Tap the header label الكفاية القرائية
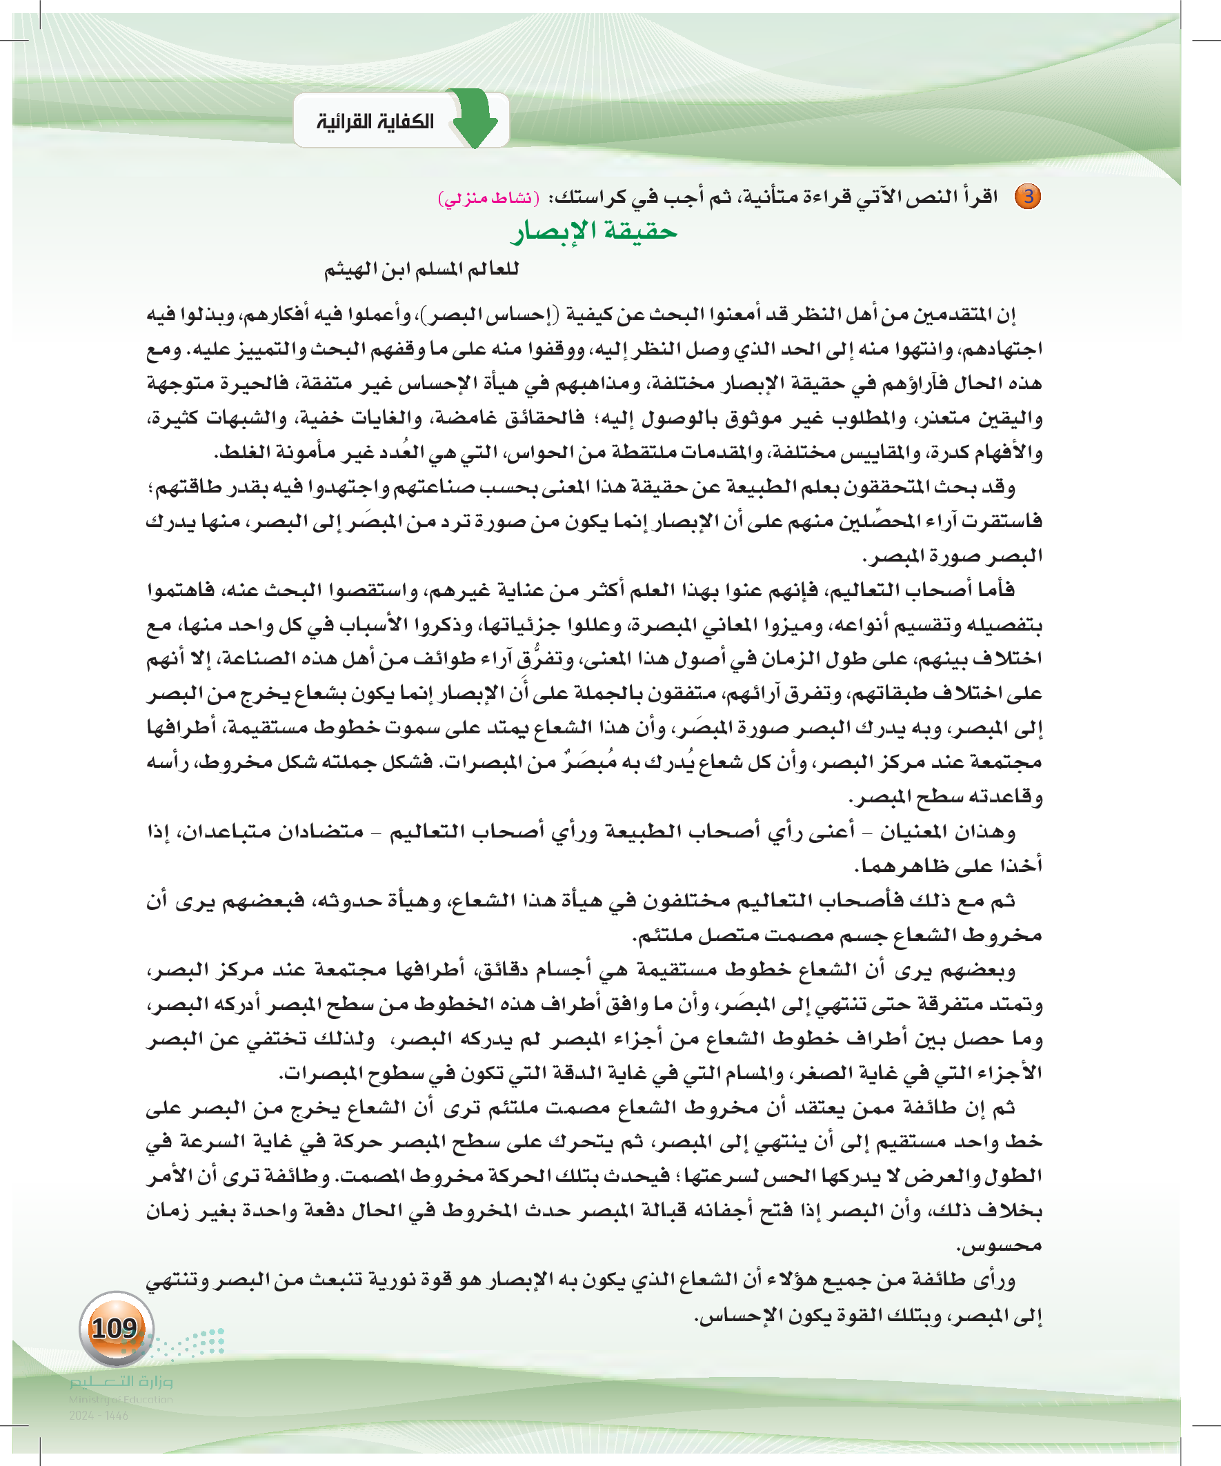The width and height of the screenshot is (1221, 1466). pos(375,121)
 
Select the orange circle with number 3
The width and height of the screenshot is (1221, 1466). pos(1028,196)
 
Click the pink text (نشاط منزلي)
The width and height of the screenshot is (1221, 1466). pos(488,198)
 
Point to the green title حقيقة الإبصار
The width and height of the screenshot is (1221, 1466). pos(594,231)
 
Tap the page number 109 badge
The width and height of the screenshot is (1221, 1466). pos(115,1328)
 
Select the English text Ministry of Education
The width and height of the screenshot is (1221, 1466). pos(121,1400)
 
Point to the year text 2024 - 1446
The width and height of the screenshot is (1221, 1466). pos(99,1416)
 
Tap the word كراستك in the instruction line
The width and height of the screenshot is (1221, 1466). pos(586,197)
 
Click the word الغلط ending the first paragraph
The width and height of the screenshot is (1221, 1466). pos(241,453)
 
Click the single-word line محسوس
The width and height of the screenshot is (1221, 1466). pos(1000,1246)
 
